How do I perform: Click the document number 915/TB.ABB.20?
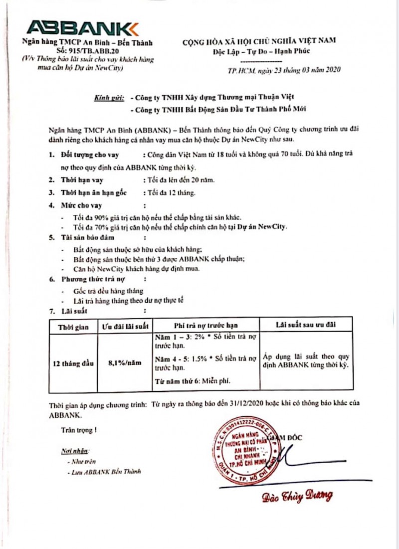click(x=83, y=50)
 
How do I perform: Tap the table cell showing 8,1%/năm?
click(x=125, y=364)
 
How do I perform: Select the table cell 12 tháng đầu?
click(x=73, y=364)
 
